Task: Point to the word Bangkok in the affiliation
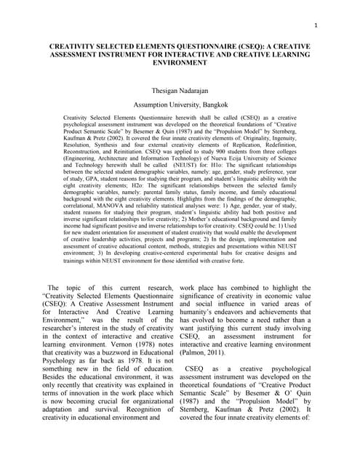pos(211,105)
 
